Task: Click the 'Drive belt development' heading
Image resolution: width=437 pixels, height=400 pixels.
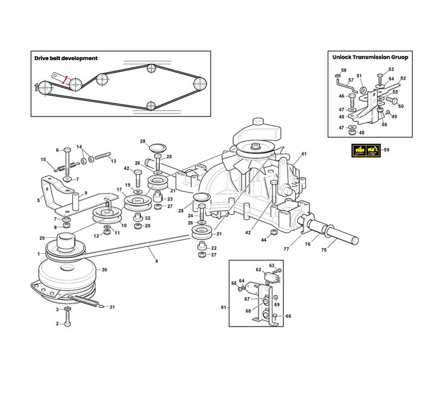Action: point(66,58)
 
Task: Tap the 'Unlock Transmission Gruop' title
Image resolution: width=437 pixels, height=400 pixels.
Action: point(370,57)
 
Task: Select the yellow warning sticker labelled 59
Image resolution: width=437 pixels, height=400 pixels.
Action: point(366,151)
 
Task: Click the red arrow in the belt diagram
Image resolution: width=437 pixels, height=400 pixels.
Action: point(65,80)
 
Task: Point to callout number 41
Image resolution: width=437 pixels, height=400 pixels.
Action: point(304,154)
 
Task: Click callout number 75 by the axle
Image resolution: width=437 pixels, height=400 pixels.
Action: point(324,250)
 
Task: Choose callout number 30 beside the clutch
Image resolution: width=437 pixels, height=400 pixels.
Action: point(104,270)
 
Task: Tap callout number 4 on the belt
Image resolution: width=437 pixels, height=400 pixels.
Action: point(157,261)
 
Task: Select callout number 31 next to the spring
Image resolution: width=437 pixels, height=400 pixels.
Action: point(112,307)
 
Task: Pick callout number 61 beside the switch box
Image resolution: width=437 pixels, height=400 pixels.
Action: point(223,308)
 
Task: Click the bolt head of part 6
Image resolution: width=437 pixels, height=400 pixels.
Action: point(67,150)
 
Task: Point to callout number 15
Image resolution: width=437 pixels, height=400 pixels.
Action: point(43,160)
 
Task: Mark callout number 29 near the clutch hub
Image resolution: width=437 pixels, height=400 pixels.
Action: point(42,238)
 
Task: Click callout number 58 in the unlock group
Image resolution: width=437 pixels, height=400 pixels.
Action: point(344,70)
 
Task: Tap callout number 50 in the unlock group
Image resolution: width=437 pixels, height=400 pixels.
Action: point(401,106)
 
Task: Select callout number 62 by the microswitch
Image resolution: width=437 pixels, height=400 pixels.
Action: point(259,269)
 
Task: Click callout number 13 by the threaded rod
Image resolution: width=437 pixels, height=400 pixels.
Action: point(113,161)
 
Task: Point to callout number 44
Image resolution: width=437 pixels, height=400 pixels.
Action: point(263,240)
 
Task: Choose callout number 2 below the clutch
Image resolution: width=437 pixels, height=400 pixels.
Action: point(57,324)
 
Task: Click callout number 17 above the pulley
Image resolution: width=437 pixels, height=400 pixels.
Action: point(120,189)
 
